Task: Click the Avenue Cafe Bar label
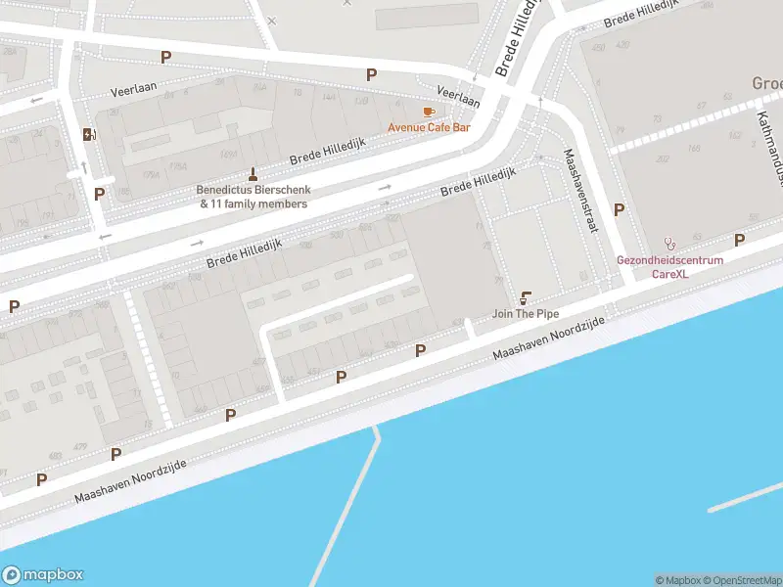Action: tap(429, 127)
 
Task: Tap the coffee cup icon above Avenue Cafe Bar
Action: tap(428, 113)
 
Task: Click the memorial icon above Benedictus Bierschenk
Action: tap(253, 175)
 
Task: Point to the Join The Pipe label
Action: tap(527, 314)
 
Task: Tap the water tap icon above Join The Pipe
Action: tap(527, 297)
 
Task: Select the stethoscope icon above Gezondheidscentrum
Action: tap(670, 243)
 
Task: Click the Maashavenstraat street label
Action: tap(579, 190)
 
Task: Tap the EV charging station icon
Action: tap(90, 135)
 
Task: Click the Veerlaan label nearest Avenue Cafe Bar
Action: tap(458, 96)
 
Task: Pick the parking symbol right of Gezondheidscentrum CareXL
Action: tap(739, 240)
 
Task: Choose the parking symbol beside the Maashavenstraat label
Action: tap(619, 209)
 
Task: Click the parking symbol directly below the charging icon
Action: tap(99, 194)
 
